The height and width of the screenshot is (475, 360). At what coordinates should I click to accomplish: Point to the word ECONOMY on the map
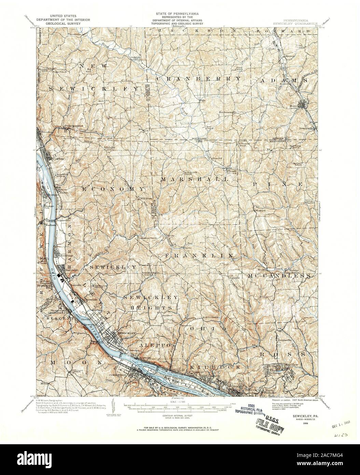[112, 189]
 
